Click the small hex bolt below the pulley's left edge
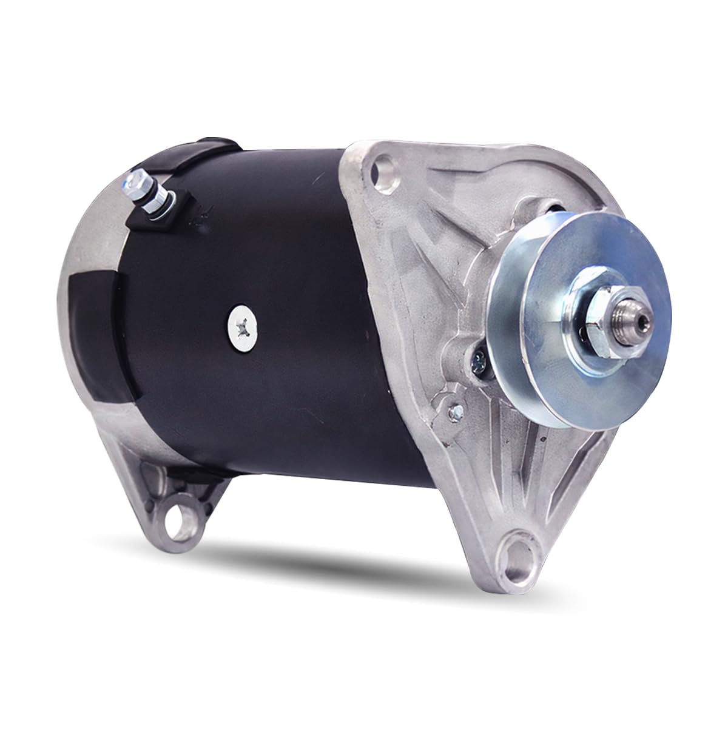(451, 412)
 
